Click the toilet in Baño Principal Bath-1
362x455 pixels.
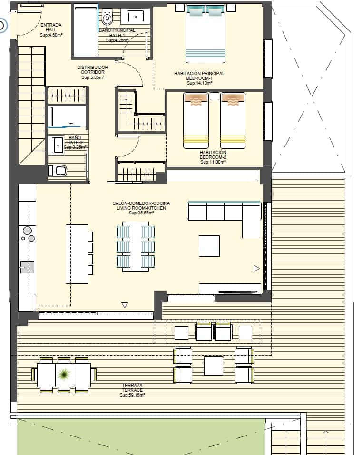tap(107, 18)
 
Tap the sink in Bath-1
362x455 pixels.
tap(136, 17)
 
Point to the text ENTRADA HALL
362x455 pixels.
tap(51, 27)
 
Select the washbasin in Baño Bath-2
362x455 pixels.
tap(57, 145)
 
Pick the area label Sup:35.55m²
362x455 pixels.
tap(141, 213)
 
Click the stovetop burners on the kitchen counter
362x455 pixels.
tap(27, 233)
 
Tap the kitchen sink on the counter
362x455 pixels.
tap(27, 268)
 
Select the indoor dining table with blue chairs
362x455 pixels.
tap(136, 246)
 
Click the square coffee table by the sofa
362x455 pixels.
tap(209, 246)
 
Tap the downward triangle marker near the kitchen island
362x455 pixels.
tap(125, 305)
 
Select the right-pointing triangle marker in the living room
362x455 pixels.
tap(257, 269)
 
